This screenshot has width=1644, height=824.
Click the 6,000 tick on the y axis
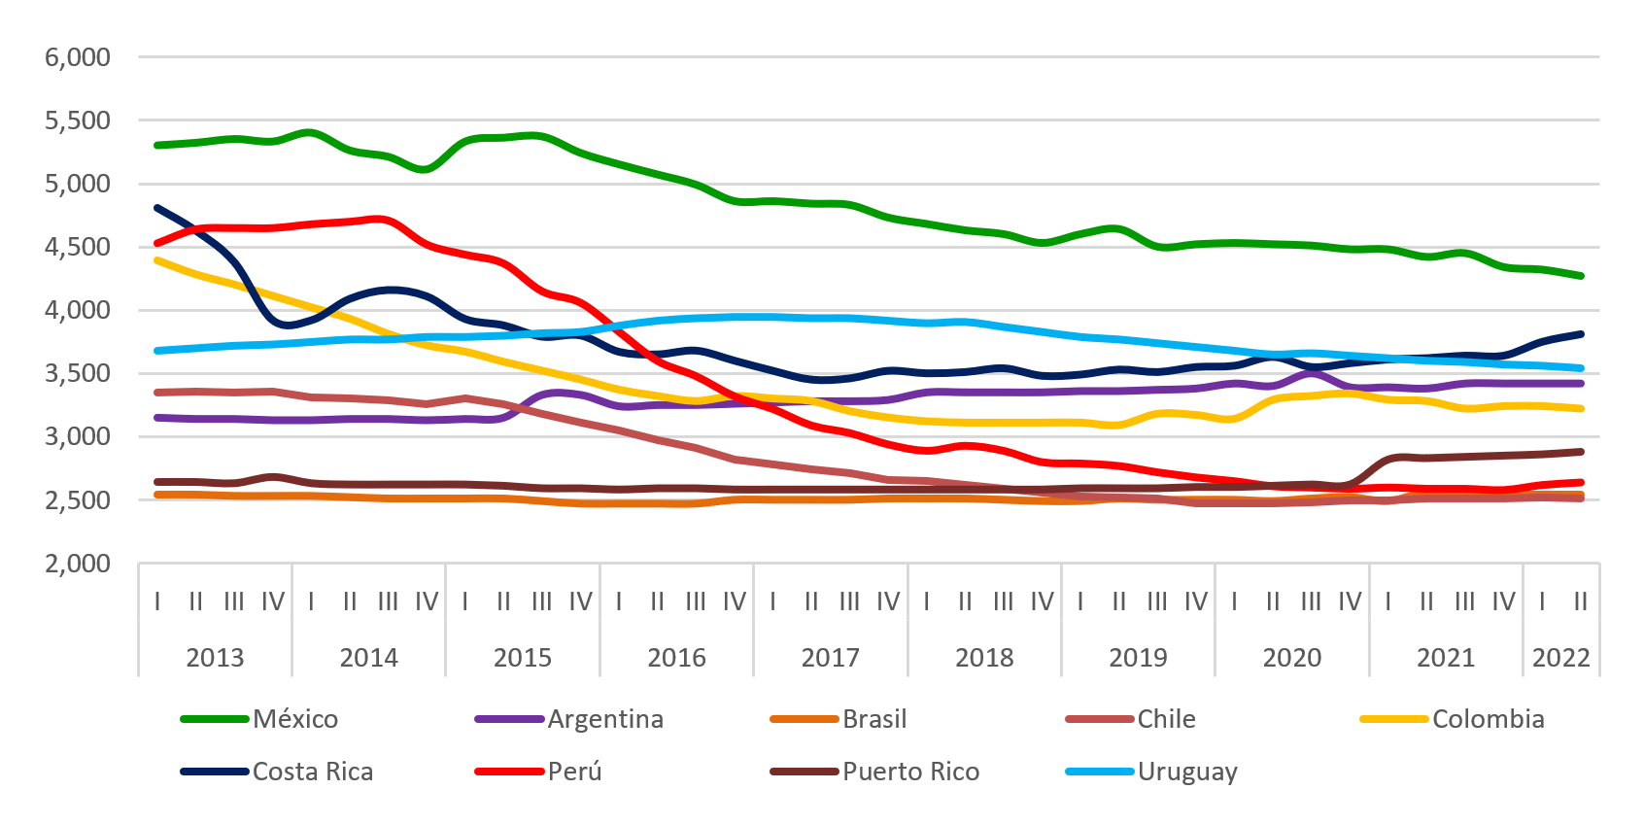pyautogui.click(x=78, y=57)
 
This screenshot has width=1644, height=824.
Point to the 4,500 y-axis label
pyautogui.click(x=78, y=247)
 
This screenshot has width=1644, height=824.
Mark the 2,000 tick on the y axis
pyautogui.click(x=78, y=564)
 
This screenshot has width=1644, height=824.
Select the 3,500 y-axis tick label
pyautogui.click(x=78, y=373)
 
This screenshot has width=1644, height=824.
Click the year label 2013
pyautogui.click(x=215, y=658)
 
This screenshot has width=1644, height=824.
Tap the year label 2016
pyautogui.click(x=676, y=658)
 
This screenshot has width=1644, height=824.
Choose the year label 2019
pyautogui.click(x=1138, y=658)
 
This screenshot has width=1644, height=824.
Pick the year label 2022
pyautogui.click(x=1560, y=658)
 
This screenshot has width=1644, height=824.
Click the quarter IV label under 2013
pyautogui.click(x=273, y=602)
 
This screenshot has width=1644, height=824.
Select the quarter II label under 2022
pyautogui.click(x=1580, y=602)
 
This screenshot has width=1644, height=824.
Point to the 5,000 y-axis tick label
pyautogui.click(x=78, y=184)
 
